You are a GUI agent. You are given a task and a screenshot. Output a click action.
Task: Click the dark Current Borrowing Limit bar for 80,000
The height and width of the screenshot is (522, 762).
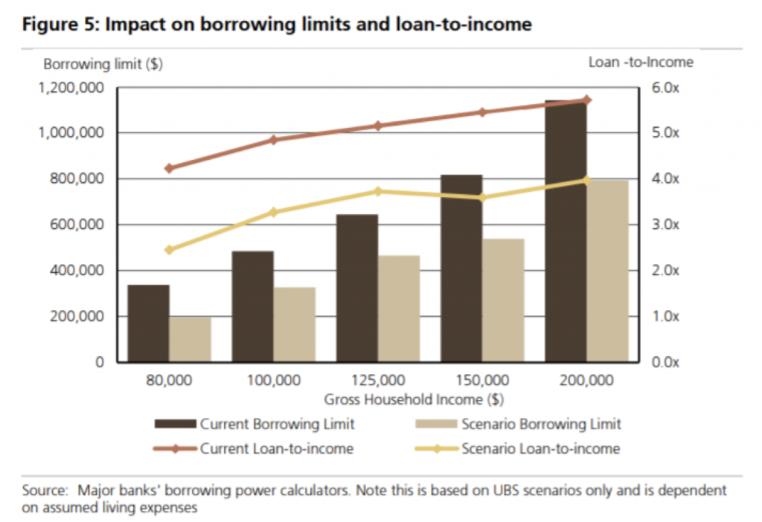click(149, 323)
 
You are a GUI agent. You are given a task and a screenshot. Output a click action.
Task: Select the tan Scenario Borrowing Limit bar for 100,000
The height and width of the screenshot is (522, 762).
click(295, 324)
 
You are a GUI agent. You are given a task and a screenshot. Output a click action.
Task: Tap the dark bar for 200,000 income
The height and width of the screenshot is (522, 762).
click(566, 231)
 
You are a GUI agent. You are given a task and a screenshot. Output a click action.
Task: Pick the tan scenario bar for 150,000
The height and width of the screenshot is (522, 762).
click(504, 300)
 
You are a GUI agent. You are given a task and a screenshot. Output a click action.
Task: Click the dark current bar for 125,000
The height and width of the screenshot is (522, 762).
click(357, 288)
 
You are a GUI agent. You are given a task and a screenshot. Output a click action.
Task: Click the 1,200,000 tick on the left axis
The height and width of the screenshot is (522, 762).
click(71, 88)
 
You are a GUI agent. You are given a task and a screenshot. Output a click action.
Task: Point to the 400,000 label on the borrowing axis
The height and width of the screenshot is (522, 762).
click(77, 270)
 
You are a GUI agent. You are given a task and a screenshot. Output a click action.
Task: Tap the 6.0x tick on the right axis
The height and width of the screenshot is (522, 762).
click(665, 88)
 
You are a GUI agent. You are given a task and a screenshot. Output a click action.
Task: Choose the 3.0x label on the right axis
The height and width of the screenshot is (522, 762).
click(665, 225)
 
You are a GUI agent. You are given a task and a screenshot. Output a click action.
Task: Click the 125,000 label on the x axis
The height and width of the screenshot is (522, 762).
click(378, 380)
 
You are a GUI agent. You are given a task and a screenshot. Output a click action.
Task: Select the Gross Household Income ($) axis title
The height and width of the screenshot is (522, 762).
click(414, 399)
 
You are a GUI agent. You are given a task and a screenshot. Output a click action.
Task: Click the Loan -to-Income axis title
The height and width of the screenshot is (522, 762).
click(641, 62)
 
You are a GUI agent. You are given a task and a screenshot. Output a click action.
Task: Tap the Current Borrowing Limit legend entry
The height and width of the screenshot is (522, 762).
click(254, 424)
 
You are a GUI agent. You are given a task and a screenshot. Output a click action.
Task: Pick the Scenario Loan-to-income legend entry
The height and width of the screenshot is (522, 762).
click(518, 448)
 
